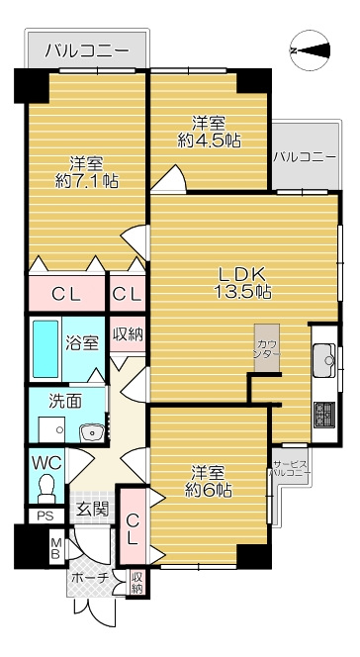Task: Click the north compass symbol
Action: pyautogui.click(x=311, y=50)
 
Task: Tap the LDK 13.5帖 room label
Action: pyautogui.click(x=242, y=283)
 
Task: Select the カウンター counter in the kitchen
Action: pyautogui.click(x=267, y=347)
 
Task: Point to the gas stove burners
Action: pyautogui.click(x=324, y=415)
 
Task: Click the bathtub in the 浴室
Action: pyautogui.click(x=45, y=349)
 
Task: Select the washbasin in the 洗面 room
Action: pyautogui.click(x=92, y=432)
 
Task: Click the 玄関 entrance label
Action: pyautogui.click(x=93, y=510)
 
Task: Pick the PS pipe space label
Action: pyautogui.click(x=45, y=516)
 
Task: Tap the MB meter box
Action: pyautogui.click(x=56, y=549)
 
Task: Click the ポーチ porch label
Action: pyautogui.click(x=90, y=578)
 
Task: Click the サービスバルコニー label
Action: pyautogui.click(x=291, y=468)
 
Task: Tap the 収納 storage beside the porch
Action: pyautogui.click(x=136, y=583)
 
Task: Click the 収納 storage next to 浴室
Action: pyautogui.click(x=128, y=334)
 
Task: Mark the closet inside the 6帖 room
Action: pyautogui.click(x=133, y=526)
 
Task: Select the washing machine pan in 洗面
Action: pyautogui.click(x=51, y=429)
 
